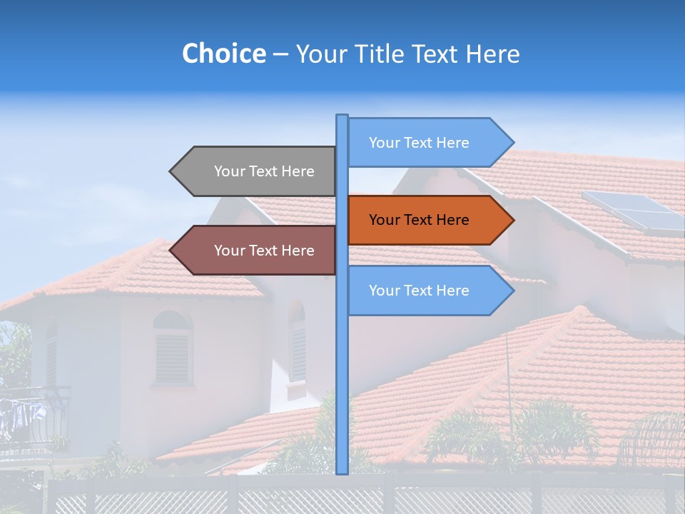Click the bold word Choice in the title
pyautogui.click(x=223, y=54)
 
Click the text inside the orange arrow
pyautogui.click(x=419, y=220)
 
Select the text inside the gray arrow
pyautogui.click(x=264, y=171)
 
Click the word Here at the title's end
pyautogui.click(x=492, y=54)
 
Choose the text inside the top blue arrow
pyautogui.click(x=419, y=143)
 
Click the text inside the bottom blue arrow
pyautogui.click(x=419, y=291)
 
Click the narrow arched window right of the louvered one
pyautogui.click(x=297, y=343)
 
